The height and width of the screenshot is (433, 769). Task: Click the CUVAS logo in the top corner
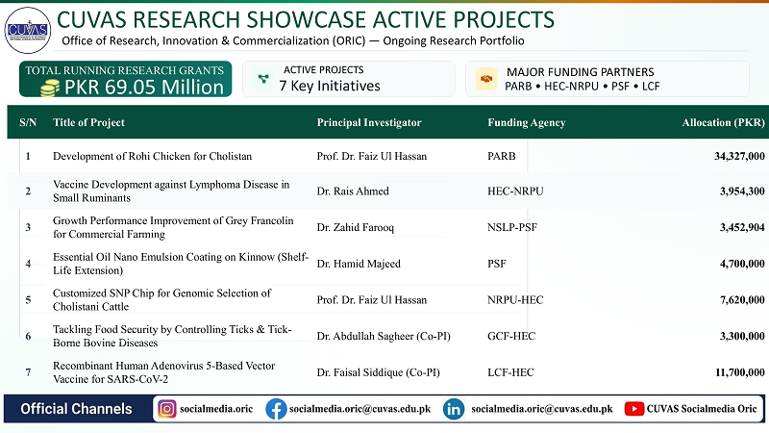(28, 31)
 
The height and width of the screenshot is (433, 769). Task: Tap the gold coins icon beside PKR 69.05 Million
(50, 89)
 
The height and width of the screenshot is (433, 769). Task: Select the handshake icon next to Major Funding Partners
(486, 79)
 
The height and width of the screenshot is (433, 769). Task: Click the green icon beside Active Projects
(263, 79)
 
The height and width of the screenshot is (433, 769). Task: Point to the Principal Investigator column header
(369, 123)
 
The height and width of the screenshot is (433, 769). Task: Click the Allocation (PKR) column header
(723, 123)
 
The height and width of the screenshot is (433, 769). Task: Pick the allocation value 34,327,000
(739, 157)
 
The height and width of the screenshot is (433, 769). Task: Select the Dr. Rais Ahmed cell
(353, 191)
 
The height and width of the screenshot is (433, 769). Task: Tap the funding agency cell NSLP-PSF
(512, 227)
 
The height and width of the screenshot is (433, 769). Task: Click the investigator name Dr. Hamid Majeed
(359, 264)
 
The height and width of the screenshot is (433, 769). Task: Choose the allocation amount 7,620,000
(742, 300)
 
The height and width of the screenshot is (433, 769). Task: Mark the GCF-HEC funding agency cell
(511, 336)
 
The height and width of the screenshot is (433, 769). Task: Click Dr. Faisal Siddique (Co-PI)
(378, 372)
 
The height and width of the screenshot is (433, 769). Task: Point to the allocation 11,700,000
(739, 372)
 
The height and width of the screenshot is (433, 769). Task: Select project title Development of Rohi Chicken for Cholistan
(152, 157)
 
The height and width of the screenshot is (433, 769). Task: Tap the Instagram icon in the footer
(166, 409)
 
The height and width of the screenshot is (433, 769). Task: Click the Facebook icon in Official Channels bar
(276, 409)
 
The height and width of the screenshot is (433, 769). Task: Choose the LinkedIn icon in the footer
(454, 409)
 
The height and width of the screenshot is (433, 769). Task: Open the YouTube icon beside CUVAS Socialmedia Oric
(634, 409)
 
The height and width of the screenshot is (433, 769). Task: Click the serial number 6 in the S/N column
(28, 336)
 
